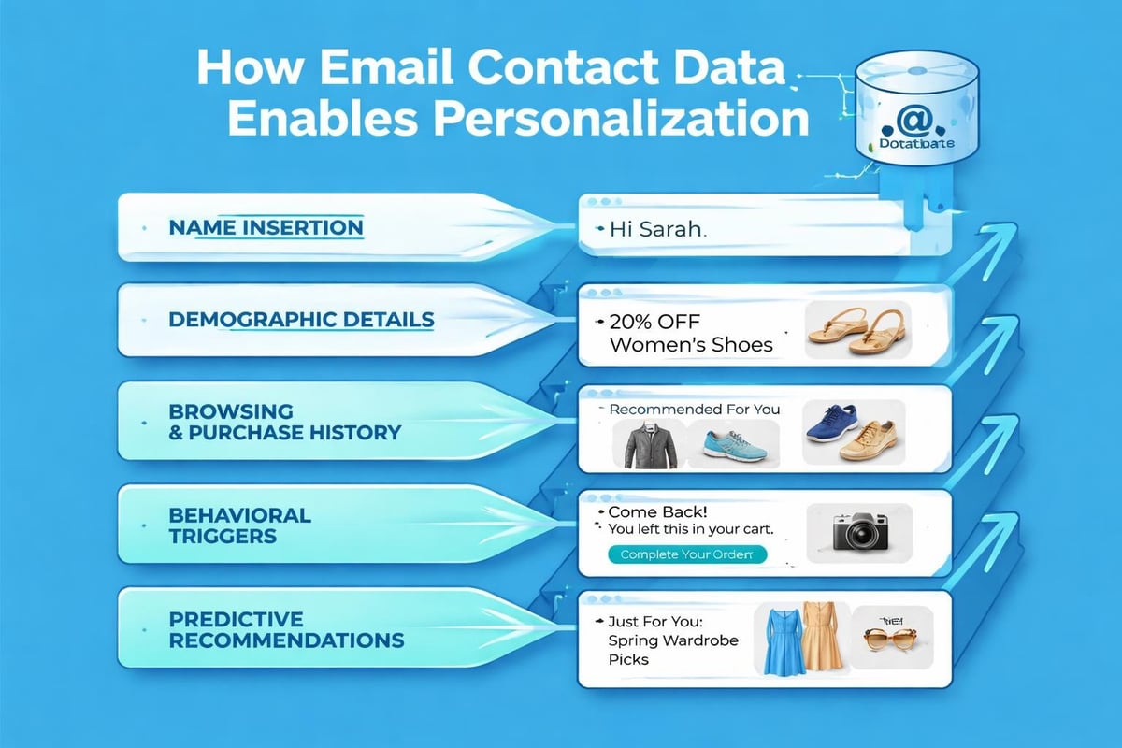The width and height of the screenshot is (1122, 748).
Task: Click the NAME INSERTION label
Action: coord(266,227)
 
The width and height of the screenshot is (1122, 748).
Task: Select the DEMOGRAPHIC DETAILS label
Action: coord(301,320)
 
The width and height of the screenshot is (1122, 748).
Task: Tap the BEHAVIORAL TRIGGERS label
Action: coord(239,525)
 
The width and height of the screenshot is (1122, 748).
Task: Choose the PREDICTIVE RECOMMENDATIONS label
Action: coord(286,629)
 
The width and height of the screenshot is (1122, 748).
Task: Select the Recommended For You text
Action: coord(694,410)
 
